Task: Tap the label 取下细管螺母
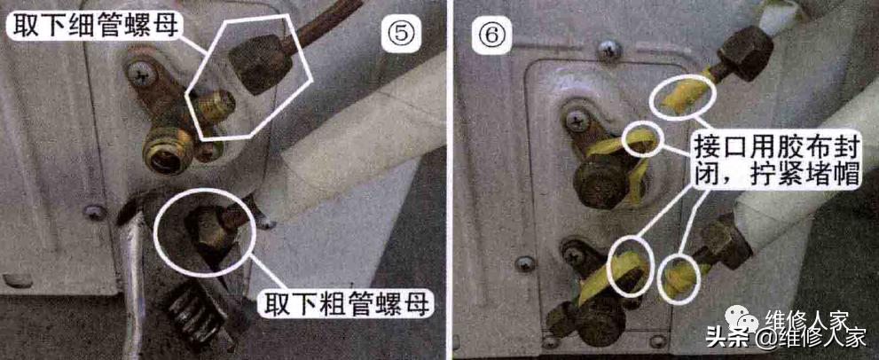tap(93, 27)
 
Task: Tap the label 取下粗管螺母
tap(347, 304)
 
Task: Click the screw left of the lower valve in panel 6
tap(525, 263)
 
